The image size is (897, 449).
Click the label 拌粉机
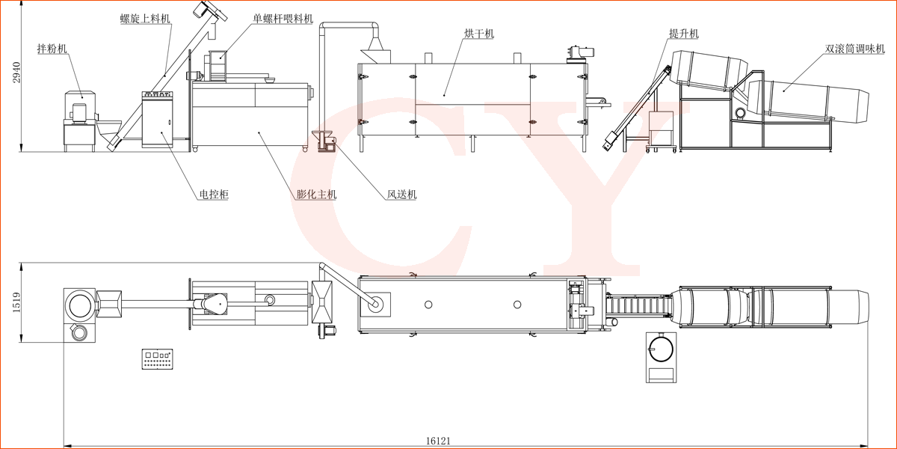pyautogui.click(x=52, y=49)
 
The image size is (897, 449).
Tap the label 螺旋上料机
pyautogui.click(x=145, y=19)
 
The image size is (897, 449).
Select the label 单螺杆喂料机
pyautogui.click(x=283, y=18)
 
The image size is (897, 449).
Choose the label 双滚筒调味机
pyautogui.click(x=855, y=49)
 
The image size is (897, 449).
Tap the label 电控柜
pyautogui.click(x=213, y=195)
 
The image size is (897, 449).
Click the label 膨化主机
pyautogui.click(x=316, y=195)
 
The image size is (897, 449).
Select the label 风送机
pyautogui.click(x=401, y=195)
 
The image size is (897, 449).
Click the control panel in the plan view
pyautogui.click(x=157, y=358)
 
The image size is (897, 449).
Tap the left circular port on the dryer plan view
pyautogui.click(x=428, y=304)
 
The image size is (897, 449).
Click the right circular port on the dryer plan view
pyautogui.click(x=517, y=304)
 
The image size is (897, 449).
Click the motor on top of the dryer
pyautogui.click(x=581, y=51)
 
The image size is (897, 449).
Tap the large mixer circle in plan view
pyautogui.click(x=79, y=304)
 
